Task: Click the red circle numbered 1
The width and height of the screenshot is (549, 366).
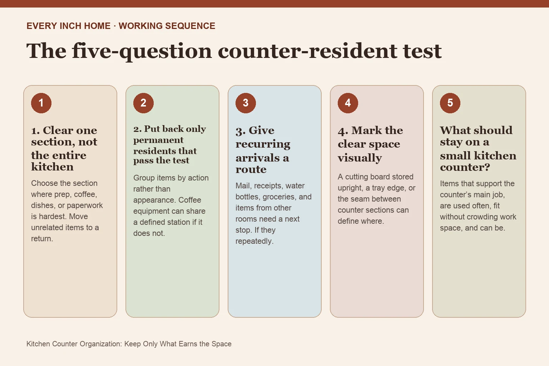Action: point(41,103)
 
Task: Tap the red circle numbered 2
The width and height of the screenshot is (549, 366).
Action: point(143,103)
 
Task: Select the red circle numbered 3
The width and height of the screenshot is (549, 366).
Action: point(246,103)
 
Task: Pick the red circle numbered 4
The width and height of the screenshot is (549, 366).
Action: point(348,103)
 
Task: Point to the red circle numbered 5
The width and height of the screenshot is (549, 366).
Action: point(450,103)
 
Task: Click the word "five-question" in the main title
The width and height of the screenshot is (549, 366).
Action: point(142,51)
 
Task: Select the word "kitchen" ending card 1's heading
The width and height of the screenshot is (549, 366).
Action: point(52,167)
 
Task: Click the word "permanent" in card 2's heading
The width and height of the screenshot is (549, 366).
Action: point(158,140)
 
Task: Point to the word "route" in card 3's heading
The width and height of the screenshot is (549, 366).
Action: point(251,169)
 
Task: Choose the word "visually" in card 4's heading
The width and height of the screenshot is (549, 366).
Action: point(360,158)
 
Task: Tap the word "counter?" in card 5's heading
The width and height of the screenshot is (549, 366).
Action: point(465,167)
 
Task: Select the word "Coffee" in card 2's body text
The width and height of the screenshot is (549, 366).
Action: point(190,200)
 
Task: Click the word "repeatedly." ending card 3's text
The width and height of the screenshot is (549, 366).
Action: point(254,241)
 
